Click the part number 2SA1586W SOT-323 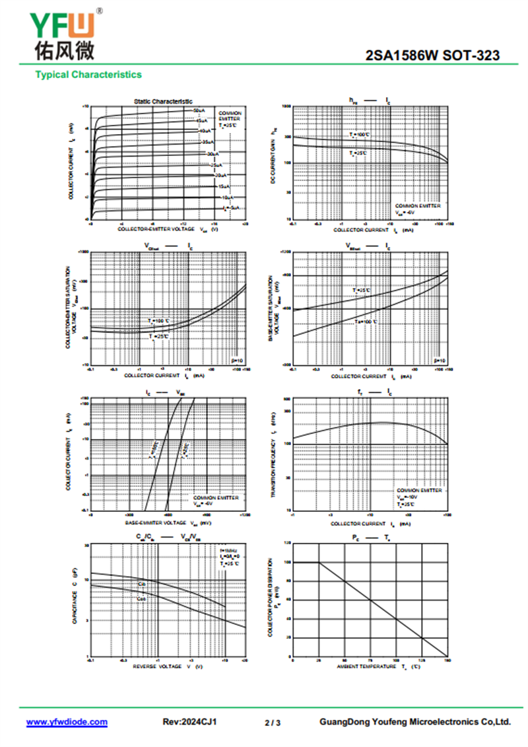(x=432, y=56)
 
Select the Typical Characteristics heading (x=88, y=75)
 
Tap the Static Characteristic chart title (x=163, y=102)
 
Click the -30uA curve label (x=213, y=153)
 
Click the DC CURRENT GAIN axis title (x=274, y=162)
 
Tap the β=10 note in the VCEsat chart (x=238, y=361)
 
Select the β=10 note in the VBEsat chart (x=439, y=361)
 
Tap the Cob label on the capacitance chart (x=141, y=598)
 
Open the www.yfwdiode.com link (x=67, y=722)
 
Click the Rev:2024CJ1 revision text (x=189, y=722)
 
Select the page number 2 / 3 (x=273, y=723)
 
